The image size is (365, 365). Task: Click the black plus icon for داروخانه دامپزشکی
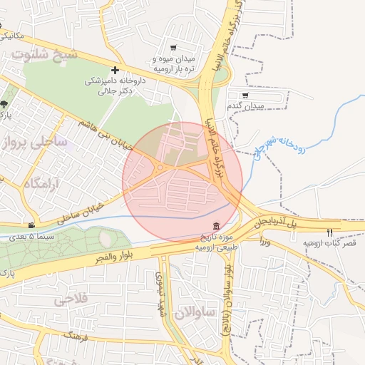115,70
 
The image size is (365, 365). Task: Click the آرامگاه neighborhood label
44,184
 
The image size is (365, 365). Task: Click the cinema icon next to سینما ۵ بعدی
31,225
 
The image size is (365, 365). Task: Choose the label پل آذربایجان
289,223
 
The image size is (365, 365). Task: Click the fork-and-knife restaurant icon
329,232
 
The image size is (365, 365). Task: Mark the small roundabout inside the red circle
161,168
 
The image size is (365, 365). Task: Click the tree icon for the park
4,104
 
